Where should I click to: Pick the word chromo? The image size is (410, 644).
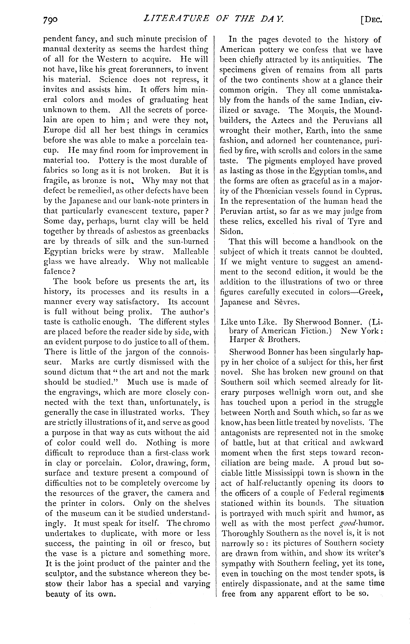[x=195, y=523]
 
